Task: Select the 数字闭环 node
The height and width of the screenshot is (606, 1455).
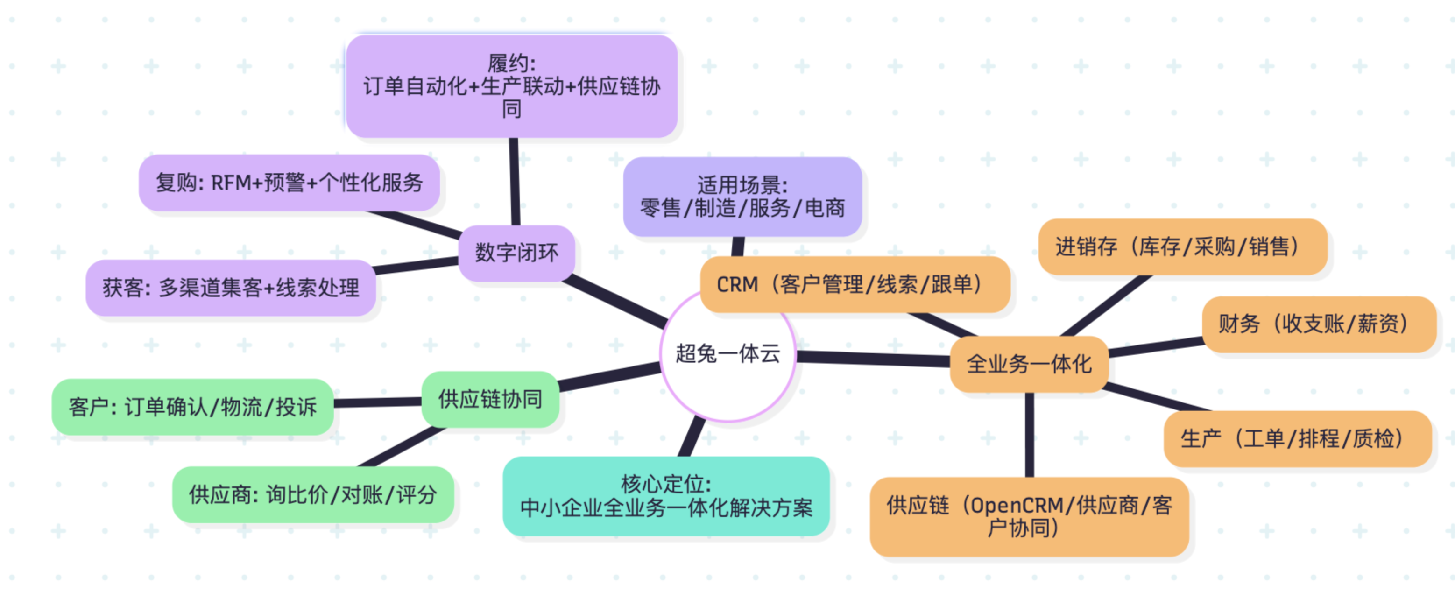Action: [x=516, y=253]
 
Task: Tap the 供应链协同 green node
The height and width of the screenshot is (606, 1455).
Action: [x=490, y=399]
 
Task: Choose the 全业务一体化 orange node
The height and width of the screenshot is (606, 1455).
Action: [x=1029, y=364]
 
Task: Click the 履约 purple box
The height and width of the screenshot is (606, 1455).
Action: [x=511, y=86]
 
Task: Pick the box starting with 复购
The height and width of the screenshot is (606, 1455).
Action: [x=289, y=183]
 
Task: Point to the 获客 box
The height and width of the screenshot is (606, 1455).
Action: [x=231, y=288]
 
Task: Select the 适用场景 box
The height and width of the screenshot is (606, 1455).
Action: [x=742, y=197]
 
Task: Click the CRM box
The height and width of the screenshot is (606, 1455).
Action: [x=854, y=284]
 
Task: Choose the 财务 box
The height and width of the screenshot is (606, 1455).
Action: [x=1318, y=324]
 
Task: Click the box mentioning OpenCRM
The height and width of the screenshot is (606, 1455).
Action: [x=1029, y=516]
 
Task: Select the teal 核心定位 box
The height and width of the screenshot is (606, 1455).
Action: [x=665, y=496]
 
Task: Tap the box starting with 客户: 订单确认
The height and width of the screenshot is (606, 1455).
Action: [x=192, y=407]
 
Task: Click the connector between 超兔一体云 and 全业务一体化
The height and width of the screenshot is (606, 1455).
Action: [x=873, y=358]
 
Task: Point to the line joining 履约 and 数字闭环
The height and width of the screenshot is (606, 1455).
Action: [x=514, y=181]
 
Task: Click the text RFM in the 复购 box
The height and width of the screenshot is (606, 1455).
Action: [x=231, y=183]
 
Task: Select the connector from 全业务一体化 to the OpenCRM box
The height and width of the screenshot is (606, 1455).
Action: [x=1029, y=435]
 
